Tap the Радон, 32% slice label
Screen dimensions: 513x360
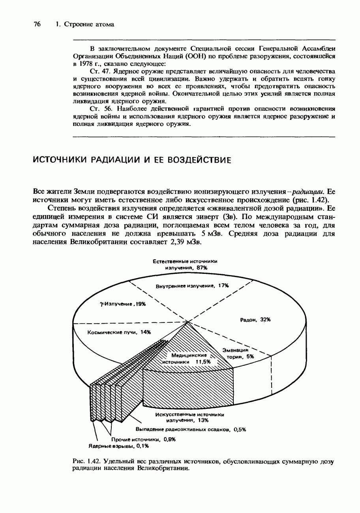(x=255, y=320)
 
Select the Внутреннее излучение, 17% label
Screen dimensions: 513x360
(x=192, y=285)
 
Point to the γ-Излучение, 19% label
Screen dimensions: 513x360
(x=123, y=304)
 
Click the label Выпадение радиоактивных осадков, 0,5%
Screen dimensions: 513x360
(x=191, y=429)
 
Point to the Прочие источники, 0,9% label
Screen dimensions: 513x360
(x=143, y=439)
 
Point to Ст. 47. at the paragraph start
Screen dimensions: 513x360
(x=99, y=71)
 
